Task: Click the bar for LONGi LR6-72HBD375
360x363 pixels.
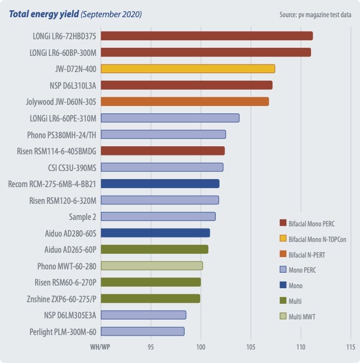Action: (x=207, y=36)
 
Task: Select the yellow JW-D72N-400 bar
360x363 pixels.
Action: (x=188, y=69)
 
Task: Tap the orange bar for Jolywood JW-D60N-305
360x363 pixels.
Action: (x=185, y=102)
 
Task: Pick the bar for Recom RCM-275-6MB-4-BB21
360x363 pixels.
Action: (x=160, y=184)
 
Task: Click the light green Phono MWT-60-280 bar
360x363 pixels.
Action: (x=152, y=266)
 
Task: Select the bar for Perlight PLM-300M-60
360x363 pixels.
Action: (x=143, y=331)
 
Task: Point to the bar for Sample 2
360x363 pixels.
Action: (x=158, y=217)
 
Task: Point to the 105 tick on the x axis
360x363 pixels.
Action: (x=251, y=347)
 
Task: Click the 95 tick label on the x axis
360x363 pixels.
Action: (x=151, y=347)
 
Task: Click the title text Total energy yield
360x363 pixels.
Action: (x=43, y=15)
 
